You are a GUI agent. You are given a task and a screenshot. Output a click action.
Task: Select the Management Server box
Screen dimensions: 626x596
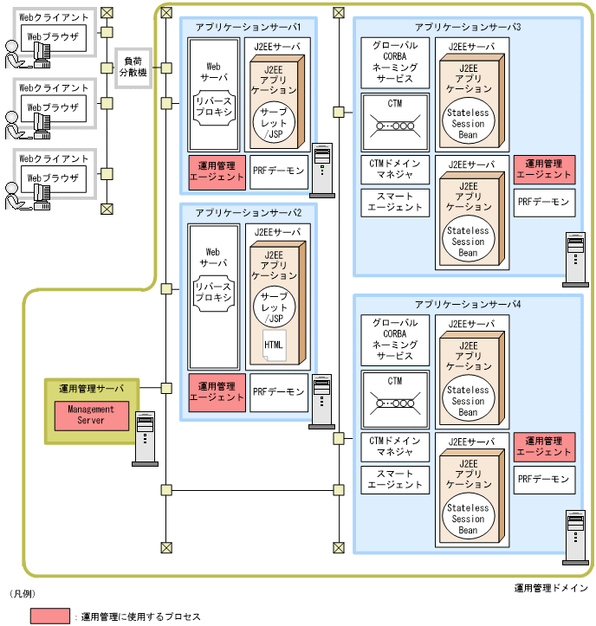click(x=91, y=415)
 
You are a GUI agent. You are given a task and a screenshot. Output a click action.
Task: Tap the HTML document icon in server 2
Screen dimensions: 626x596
click(x=273, y=346)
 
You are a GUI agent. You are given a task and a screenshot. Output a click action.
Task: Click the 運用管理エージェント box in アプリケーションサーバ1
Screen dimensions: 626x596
click(x=217, y=171)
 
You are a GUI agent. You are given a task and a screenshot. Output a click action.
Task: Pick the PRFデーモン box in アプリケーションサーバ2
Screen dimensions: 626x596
click(x=279, y=391)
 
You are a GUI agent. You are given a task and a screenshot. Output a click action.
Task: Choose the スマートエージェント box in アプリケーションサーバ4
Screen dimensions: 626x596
click(x=395, y=479)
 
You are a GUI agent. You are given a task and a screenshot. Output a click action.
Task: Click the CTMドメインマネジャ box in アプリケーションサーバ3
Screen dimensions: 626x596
click(x=395, y=170)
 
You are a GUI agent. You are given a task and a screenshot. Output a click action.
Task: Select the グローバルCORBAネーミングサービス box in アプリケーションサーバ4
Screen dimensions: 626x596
click(x=395, y=339)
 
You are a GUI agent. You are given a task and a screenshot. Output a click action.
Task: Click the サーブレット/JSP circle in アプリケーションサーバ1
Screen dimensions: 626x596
click(x=274, y=122)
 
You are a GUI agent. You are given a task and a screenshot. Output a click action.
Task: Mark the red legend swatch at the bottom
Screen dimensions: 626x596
click(x=51, y=616)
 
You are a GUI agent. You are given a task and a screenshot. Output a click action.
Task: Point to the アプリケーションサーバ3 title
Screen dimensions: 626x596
click(x=468, y=27)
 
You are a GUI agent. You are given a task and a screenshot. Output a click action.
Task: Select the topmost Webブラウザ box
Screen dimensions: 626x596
click(x=54, y=37)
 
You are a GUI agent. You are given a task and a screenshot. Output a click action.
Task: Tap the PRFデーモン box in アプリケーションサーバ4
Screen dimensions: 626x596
click(x=544, y=479)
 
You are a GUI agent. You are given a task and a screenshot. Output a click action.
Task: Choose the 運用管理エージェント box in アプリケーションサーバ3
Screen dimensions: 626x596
click(x=544, y=169)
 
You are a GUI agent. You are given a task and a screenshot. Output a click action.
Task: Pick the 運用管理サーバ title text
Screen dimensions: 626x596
click(x=91, y=387)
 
